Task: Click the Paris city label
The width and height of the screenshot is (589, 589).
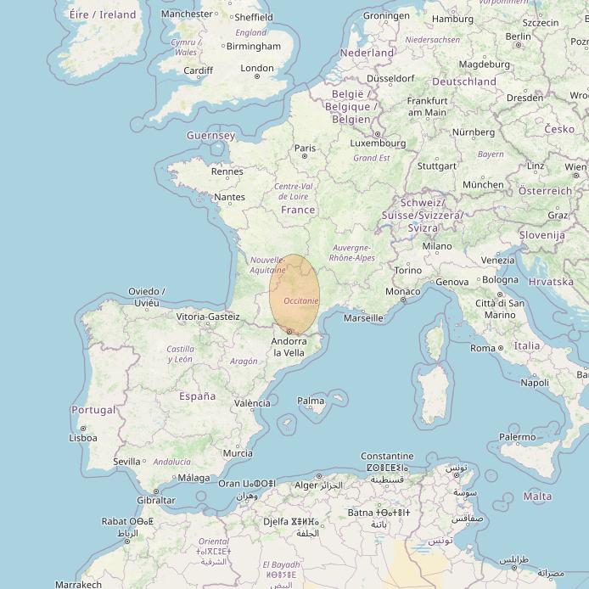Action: pos(305,148)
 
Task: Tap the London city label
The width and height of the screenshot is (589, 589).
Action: pos(257,69)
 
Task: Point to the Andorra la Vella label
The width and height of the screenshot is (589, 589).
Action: pos(289,347)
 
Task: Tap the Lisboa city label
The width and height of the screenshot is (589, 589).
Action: pos(82,438)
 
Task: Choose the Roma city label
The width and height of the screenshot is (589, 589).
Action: pos(483,348)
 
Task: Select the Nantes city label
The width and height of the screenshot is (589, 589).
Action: pos(229,197)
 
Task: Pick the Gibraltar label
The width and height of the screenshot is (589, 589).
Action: pos(156,500)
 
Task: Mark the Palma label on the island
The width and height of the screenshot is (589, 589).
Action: pos(311,401)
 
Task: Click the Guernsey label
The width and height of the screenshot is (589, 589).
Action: pos(210,136)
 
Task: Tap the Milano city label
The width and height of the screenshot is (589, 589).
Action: pos(437,246)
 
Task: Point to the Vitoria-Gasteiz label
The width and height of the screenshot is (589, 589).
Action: pos(208,317)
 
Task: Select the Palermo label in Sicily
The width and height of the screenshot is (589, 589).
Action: pos(517,437)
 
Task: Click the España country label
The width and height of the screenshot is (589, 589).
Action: pos(197,396)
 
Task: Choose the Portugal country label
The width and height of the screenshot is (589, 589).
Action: pos(93,410)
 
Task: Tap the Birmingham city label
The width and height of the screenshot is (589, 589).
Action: pos(255,46)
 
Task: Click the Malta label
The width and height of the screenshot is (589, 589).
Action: pos(537,496)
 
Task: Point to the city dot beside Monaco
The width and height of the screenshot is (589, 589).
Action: pos(403,300)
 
